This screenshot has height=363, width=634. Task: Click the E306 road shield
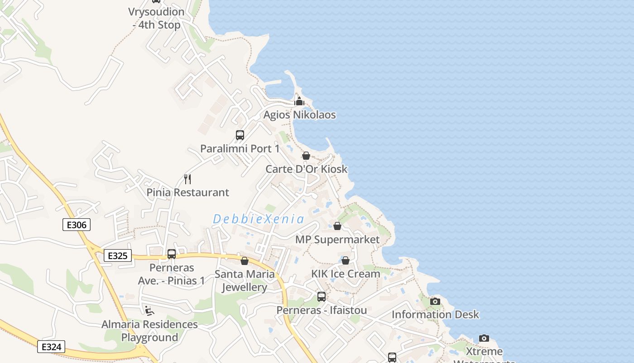[x=77, y=224]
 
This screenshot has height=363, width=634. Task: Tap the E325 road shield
[x=117, y=256]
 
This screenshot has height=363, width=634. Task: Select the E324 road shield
[x=51, y=347]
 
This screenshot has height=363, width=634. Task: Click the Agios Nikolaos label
[x=299, y=115]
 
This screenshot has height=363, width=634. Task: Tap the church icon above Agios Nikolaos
[x=299, y=101]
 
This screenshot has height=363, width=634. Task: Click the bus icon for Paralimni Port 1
[x=240, y=135]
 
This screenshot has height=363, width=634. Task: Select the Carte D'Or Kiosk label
[x=306, y=169]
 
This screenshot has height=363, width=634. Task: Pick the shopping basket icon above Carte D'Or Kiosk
[x=306, y=156]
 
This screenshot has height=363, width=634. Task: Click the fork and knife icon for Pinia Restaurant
[x=187, y=179]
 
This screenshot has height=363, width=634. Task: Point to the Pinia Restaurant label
[x=187, y=192]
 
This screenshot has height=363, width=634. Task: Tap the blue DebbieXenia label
[x=259, y=219]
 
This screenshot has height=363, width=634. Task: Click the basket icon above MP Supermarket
[x=337, y=226]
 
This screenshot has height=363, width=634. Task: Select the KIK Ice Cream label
[x=346, y=274]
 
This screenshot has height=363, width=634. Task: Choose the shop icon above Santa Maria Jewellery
[x=245, y=261]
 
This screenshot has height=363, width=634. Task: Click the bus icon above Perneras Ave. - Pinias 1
[x=172, y=254]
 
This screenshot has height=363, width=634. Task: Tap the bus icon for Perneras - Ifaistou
[x=322, y=297]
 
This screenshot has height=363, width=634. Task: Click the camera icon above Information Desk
[x=435, y=301]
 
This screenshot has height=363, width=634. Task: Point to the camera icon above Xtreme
[x=484, y=338]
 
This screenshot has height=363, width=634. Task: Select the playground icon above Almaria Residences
[x=149, y=311]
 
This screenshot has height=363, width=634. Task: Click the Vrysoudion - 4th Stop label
[x=156, y=19]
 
